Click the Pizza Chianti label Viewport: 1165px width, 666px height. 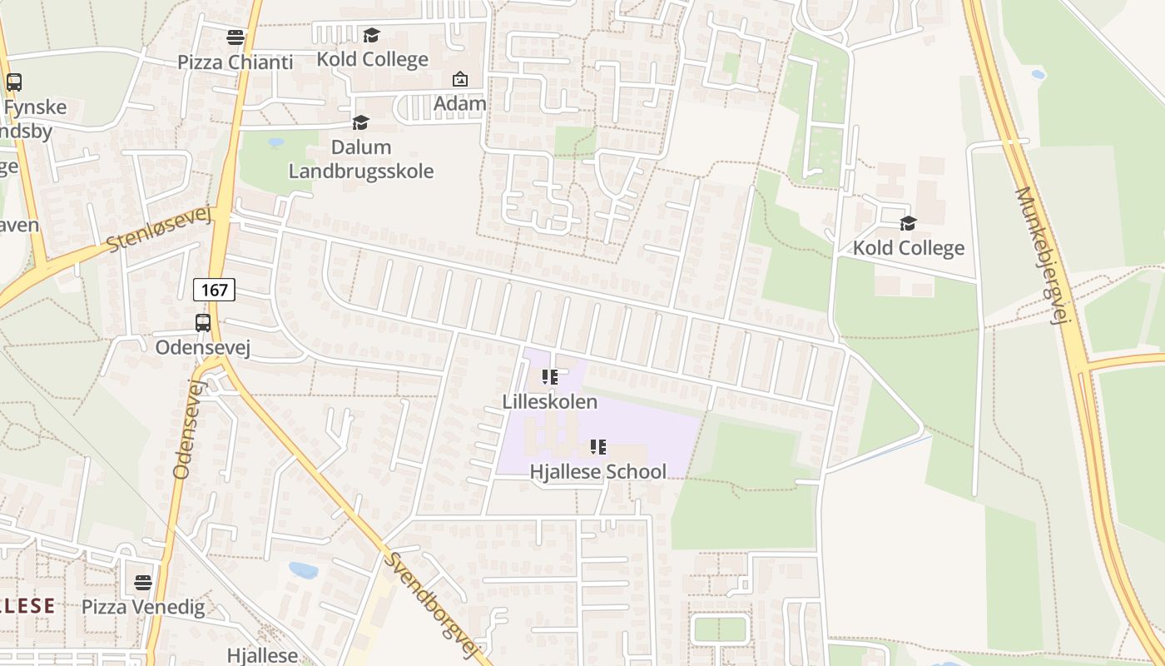click(235, 62)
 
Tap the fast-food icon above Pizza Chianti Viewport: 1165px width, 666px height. click(235, 37)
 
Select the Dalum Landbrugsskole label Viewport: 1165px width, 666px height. click(360, 159)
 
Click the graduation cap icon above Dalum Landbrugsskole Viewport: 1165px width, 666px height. click(360, 123)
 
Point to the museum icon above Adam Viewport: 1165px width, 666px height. click(459, 79)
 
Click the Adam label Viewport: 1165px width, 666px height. click(459, 104)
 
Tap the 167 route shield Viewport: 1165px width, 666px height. click(214, 290)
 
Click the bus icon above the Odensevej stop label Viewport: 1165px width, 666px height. click(203, 322)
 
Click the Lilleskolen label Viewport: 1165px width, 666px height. click(549, 401)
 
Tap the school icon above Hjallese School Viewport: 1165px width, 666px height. click(597, 447)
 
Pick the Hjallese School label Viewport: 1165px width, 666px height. click(597, 471)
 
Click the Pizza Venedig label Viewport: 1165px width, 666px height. click(143, 607)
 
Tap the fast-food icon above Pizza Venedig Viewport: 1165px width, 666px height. click(143, 582)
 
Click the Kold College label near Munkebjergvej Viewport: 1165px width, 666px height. click(908, 247)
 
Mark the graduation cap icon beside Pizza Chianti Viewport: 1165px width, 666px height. click(371, 35)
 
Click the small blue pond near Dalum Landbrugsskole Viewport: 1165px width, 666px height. click(276, 142)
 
